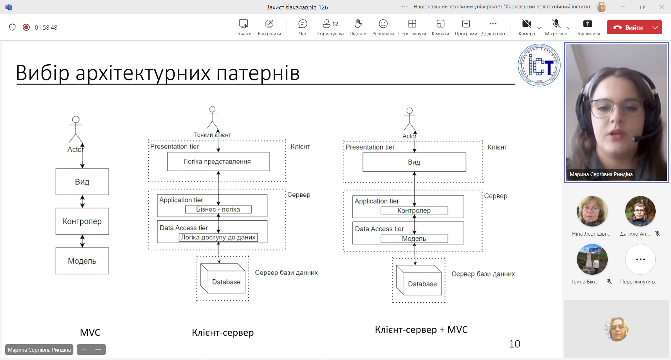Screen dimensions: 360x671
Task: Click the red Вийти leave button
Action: click(628, 28)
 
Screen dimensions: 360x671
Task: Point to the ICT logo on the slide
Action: click(539, 65)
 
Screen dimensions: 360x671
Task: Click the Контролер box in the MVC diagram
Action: click(82, 221)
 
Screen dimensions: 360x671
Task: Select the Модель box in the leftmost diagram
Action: click(82, 261)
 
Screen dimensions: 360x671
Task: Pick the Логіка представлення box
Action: click(218, 161)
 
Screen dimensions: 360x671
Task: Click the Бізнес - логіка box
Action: click(218, 209)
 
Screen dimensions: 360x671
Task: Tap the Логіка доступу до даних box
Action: click(218, 237)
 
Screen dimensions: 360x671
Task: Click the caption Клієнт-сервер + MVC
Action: click(421, 330)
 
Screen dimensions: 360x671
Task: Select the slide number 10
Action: click(514, 344)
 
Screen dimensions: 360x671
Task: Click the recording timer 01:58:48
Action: click(46, 28)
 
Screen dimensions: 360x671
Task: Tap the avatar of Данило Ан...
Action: click(640, 211)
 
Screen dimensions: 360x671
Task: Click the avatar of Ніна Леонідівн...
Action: click(592, 211)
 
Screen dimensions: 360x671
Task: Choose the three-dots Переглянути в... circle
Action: click(640, 259)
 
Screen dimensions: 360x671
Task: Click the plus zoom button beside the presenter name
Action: click(98, 350)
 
